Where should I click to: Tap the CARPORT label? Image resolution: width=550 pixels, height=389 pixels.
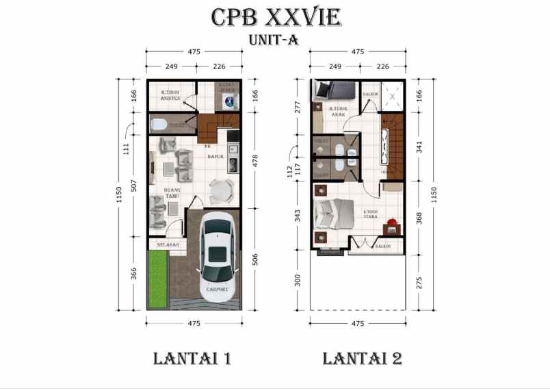(x=218, y=290)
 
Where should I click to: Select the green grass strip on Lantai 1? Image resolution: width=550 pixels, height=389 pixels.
(x=158, y=279)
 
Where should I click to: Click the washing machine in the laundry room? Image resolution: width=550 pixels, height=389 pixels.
(x=228, y=102)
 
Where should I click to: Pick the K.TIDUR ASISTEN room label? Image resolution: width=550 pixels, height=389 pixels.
(x=170, y=96)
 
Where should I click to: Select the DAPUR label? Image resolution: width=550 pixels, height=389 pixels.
(x=216, y=156)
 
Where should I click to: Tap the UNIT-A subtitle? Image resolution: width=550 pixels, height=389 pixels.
(x=274, y=40)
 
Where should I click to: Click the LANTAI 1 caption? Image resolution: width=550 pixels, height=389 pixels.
(x=192, y=358)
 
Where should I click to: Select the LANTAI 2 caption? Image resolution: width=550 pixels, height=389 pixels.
(x=362, y=358)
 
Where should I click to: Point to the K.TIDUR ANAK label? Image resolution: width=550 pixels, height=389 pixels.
(x=337, y=112)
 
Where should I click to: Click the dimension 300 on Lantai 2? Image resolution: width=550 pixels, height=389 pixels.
(x=298, y=281)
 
